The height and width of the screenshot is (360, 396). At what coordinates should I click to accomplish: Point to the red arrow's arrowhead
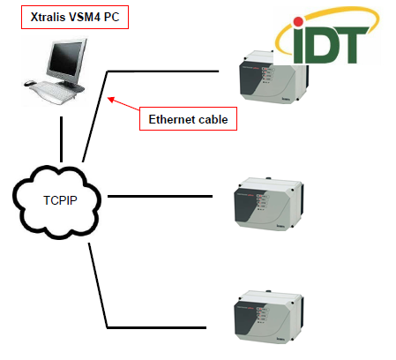click(x=110, y=99)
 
